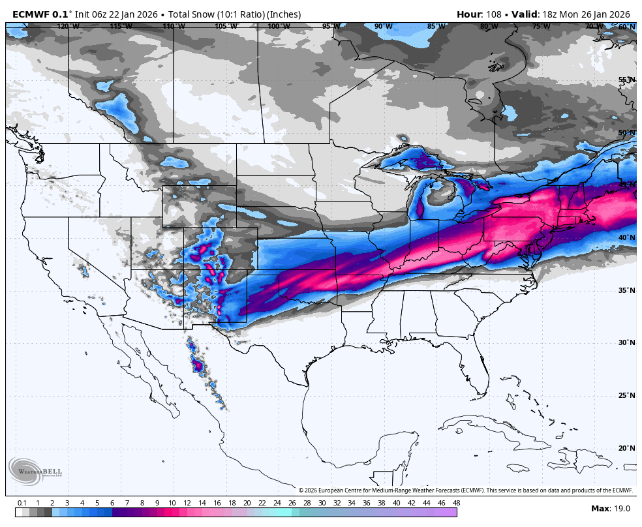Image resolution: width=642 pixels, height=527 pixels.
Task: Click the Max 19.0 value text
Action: tap(611, 509)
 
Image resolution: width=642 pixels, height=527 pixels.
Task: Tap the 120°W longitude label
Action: tap(68, 27)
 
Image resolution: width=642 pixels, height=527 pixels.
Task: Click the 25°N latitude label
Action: tap(626, 395)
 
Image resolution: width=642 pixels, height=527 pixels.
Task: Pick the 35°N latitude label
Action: tap(626, 290)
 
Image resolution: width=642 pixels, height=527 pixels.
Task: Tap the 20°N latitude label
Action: tap(626, 448)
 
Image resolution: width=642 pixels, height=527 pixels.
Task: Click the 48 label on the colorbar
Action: tap(456, 503)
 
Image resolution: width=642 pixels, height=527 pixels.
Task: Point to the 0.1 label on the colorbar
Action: tap(22, 503)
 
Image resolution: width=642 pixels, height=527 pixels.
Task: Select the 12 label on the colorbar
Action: tap(187, 503)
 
